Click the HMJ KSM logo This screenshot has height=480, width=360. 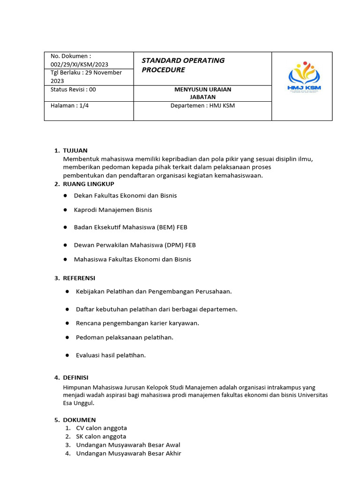(304, 78)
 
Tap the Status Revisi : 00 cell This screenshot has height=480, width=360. (73, 90)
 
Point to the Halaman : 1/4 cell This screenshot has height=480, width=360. (69, 105)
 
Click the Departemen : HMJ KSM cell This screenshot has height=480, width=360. (202, 105)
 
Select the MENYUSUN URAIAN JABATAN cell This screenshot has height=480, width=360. (202, 93)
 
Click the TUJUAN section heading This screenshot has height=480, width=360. (75, 150)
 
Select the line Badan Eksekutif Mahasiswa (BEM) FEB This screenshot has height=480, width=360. (130, 227)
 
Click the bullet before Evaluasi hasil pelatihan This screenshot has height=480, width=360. (68, 355)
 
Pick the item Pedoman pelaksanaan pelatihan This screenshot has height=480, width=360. (124, 337)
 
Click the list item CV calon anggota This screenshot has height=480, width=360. (101, 428)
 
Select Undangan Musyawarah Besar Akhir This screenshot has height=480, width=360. (128, 453)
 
